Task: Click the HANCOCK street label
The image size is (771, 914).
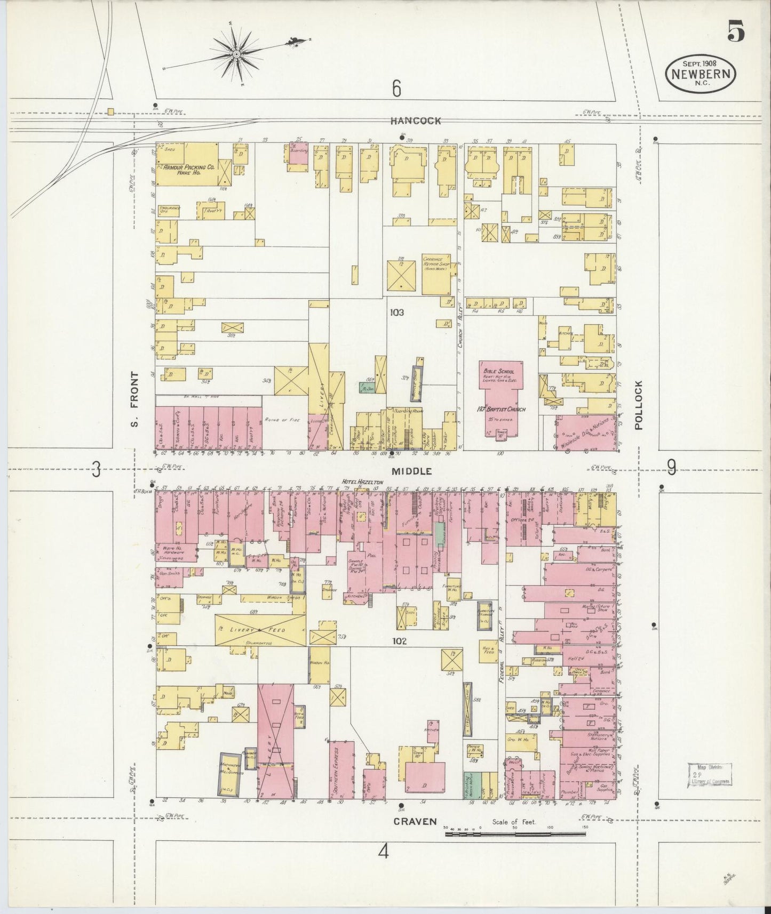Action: [416, 121]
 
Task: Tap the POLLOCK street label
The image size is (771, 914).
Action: [640, 405]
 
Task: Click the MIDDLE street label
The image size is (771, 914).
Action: [412, 471]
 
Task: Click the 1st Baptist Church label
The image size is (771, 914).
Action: [501, 409]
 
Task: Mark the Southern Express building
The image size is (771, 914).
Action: [341, 769]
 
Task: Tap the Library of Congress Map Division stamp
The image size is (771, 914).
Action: [709, 775]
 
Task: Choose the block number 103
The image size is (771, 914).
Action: [396, 312]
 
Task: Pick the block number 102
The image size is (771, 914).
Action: [399, 641]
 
